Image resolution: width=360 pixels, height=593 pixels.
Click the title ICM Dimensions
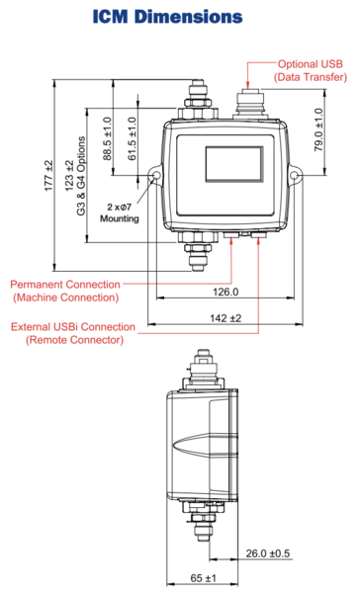(167, 17)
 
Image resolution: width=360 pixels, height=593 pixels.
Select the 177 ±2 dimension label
(48, 176)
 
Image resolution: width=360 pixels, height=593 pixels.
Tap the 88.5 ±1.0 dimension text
(108, 138)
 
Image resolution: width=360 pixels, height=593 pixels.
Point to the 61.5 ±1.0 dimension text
(133, 138)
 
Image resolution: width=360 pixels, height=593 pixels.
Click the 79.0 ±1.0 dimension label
(318, 129)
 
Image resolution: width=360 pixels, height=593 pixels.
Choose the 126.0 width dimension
(225, 292)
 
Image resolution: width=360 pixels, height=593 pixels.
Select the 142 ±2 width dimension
(225, 318)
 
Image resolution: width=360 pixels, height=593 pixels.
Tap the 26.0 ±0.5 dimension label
(268, 553)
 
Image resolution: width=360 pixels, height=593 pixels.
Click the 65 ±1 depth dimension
(204, 578)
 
